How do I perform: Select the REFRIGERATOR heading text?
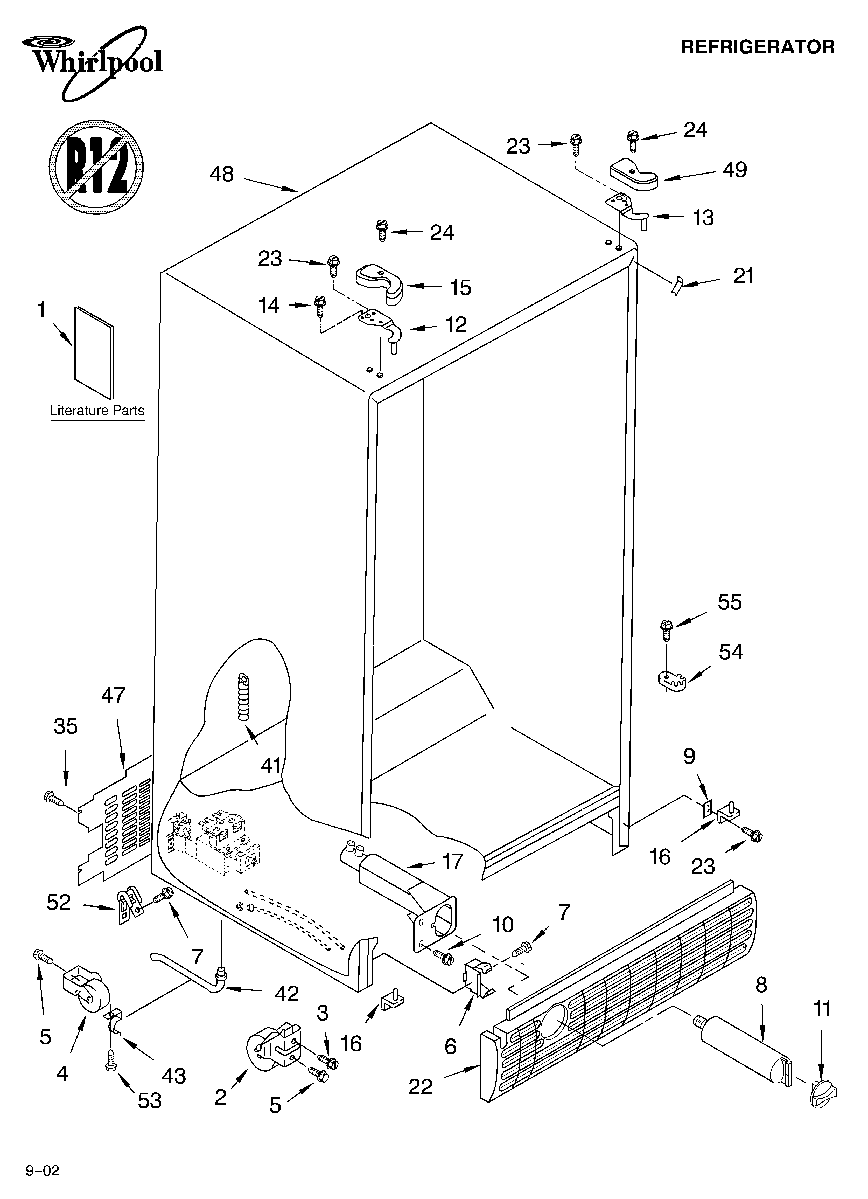[x=757, y=47]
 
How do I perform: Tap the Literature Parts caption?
[x=97, y=411]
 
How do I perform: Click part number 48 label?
[x=221, y=174]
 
